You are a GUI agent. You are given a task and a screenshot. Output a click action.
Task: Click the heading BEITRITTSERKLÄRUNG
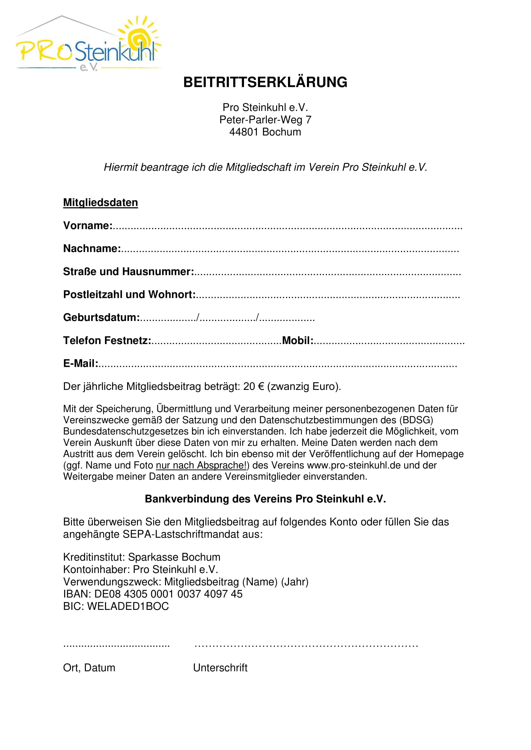pyautogui.click(x=265, y=82)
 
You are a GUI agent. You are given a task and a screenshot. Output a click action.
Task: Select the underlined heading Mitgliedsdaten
pyautogui.click(x=100, y=203)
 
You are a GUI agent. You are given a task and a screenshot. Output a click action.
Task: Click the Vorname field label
pyautogui.click(x=88, y=226)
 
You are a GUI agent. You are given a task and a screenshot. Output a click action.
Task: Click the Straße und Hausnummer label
pyautogui.click(x=128, y=272)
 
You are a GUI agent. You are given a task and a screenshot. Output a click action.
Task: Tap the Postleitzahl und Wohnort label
pyautogui.click(x=129, y=295)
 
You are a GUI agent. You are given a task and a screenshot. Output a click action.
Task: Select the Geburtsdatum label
pyautogui.click(x=101, y=317)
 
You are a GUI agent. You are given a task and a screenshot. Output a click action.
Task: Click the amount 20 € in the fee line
pyautogui.click(x=253, y=386)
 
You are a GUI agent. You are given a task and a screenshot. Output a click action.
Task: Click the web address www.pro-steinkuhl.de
pyautogui.click(x=354, y=465)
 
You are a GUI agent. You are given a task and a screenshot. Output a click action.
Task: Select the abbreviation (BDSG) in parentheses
pyautogui.click(x=416, y=420)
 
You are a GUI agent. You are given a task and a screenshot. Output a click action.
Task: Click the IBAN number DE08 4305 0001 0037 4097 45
pyautogui.click(x=169, y=594)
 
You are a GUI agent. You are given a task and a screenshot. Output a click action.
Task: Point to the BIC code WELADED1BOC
pyautogui.click(x=128, y=606)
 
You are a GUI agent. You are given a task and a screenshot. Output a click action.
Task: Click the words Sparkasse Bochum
pyautogui.click(x=174, y=557)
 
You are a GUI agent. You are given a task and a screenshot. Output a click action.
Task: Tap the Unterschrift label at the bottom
pyautogui.click(x=220, y=668)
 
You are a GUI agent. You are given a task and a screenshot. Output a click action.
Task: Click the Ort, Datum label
pyautogui.click(x=89, y=668)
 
